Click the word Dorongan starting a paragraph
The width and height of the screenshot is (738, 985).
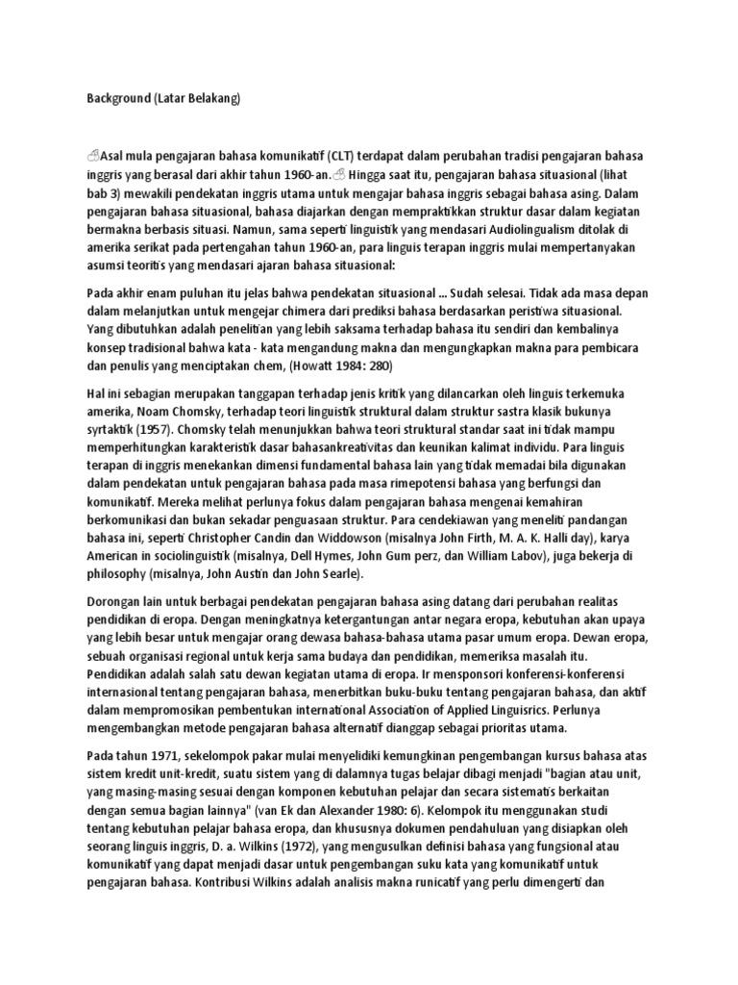click(113, 602)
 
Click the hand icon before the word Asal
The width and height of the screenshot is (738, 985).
click(92, 156)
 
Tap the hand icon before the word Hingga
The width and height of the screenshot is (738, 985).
click(339, 174)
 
